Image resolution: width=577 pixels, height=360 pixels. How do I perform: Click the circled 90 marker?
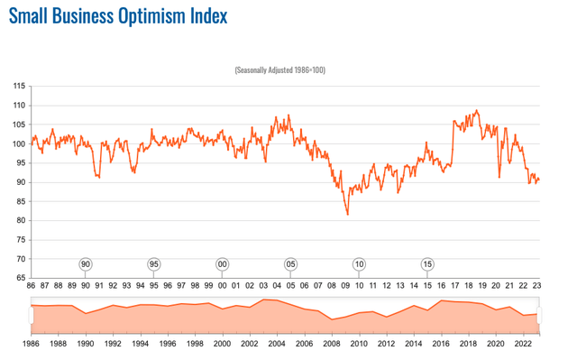coord(86,264)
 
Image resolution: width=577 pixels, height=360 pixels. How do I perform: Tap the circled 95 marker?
coord(154,264)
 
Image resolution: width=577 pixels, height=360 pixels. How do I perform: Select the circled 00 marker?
coord(223,264)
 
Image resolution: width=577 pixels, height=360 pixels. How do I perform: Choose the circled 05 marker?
coord(291,264)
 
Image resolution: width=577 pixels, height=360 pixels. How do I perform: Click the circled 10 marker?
coord(360,264)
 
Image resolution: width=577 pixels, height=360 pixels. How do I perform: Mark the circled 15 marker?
coord(427,264)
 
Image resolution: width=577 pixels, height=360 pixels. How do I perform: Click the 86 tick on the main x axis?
coord(31,287)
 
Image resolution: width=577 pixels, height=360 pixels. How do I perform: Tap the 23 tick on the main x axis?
coord(537,287)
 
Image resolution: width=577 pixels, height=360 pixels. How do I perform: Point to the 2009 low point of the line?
coord(348,215)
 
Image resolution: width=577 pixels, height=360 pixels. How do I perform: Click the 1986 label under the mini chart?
coord(31,344)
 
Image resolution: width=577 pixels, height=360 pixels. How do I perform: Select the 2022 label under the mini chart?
coord(523,344)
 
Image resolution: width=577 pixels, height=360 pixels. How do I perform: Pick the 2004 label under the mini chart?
coord(277,344)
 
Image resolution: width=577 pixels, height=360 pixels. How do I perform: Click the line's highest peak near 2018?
coord(477,111)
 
